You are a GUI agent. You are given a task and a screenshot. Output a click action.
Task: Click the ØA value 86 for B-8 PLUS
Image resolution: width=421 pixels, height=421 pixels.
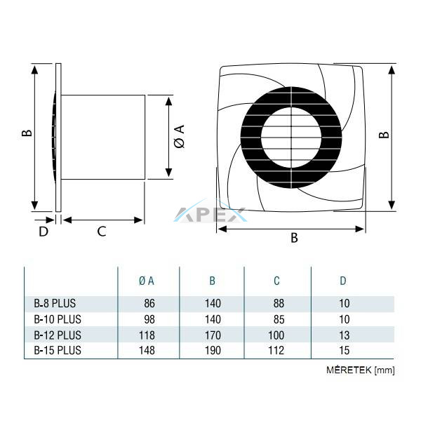point(149,303)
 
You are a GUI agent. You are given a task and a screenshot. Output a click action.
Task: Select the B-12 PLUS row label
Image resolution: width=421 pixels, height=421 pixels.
point(58,335)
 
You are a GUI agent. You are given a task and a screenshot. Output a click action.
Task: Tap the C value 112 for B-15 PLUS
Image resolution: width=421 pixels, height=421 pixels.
point(276,350)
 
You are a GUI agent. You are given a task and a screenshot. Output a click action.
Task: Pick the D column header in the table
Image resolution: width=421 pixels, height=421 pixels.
point(343,281)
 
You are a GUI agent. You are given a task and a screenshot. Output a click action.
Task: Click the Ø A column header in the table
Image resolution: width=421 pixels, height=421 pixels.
point(147,281)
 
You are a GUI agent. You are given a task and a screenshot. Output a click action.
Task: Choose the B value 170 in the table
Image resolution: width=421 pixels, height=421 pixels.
point(213,335)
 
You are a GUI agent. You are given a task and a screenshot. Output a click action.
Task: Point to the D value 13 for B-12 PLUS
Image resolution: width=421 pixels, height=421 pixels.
point(345,335)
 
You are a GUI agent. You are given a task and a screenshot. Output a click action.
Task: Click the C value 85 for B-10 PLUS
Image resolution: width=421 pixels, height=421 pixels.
point(279,319)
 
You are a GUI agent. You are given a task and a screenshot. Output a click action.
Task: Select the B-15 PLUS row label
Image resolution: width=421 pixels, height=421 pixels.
point(58,350)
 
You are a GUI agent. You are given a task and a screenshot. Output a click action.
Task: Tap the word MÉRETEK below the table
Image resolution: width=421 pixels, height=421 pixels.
point(349,370)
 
